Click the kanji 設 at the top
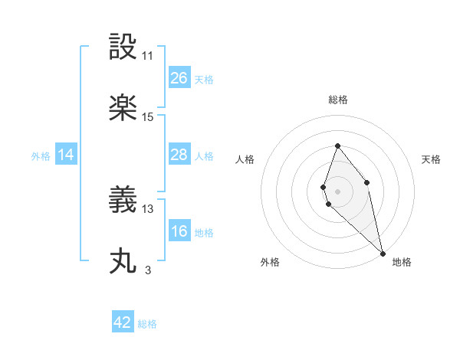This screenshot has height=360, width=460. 123,47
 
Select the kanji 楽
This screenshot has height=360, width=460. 123,108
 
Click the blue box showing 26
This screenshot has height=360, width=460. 179,77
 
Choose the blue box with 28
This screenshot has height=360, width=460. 179,155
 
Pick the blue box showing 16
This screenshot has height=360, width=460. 179,231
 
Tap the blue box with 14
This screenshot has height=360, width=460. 66,155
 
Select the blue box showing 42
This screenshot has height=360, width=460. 123,322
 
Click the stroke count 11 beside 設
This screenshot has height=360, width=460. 148,56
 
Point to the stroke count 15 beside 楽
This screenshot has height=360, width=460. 148,117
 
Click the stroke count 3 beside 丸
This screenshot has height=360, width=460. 148,270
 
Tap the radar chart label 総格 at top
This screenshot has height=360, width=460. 338,100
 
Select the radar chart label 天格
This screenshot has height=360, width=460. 432,159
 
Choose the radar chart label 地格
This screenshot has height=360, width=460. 402,262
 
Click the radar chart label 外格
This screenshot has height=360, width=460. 270,262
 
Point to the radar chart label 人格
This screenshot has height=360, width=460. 245,159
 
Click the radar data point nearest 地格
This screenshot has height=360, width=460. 383,252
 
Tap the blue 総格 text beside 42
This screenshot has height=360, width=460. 147,324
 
